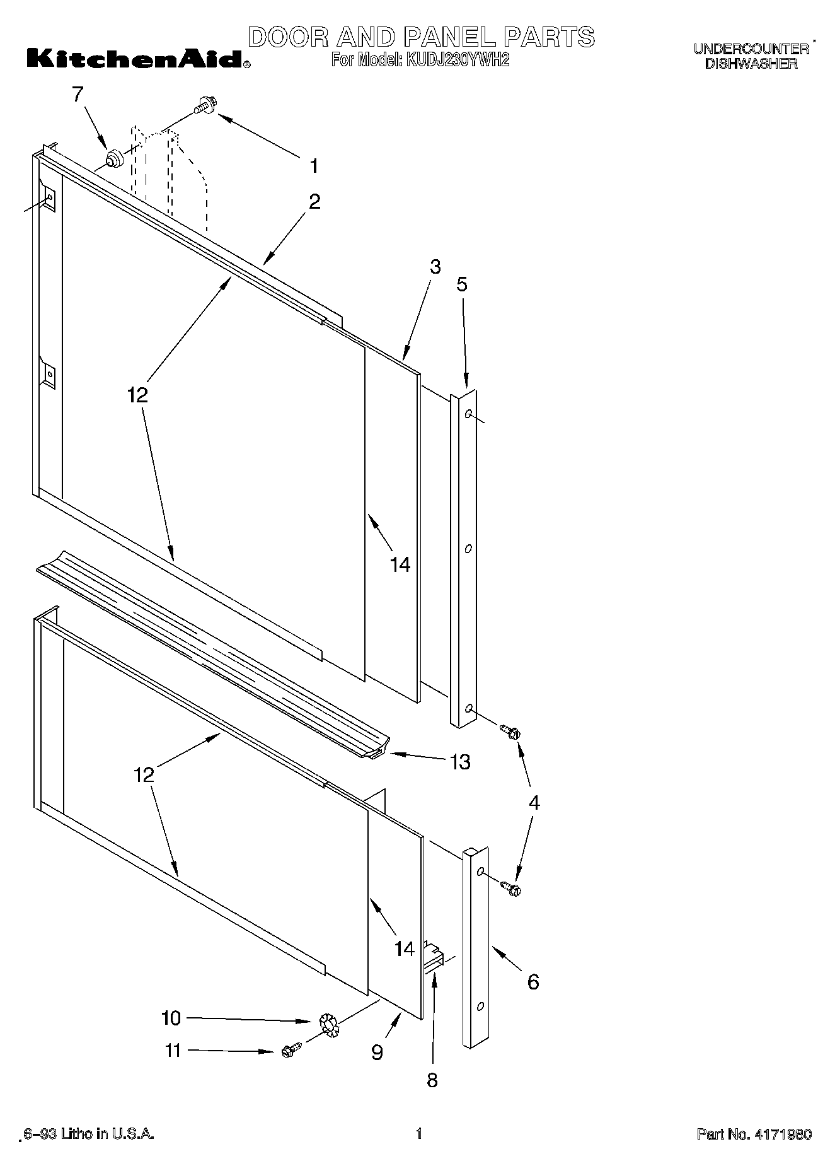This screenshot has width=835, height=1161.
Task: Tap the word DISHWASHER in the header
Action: click(x=751, y=64)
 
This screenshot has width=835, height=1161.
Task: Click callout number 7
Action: click(x=78, y=95)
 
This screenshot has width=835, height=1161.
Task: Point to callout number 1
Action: click(x=313, y=166)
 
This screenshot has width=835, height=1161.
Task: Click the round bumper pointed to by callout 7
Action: click(x=113, y=158)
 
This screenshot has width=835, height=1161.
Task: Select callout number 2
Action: click(x=314, y=202)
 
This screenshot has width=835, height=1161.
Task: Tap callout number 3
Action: click(x=435, y=267)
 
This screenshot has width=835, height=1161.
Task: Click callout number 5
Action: click(x=462, y=284)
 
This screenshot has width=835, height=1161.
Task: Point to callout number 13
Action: click(x=461, y=762)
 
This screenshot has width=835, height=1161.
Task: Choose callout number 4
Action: click(x=534, y=803)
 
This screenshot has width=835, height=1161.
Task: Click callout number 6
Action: click(x=533, y=982)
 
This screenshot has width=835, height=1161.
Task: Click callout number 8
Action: click(x=432, y=1080)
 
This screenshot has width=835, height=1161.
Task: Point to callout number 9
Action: click(x=377, y=1053)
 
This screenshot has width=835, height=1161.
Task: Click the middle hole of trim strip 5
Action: click(x=468, y=549)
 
